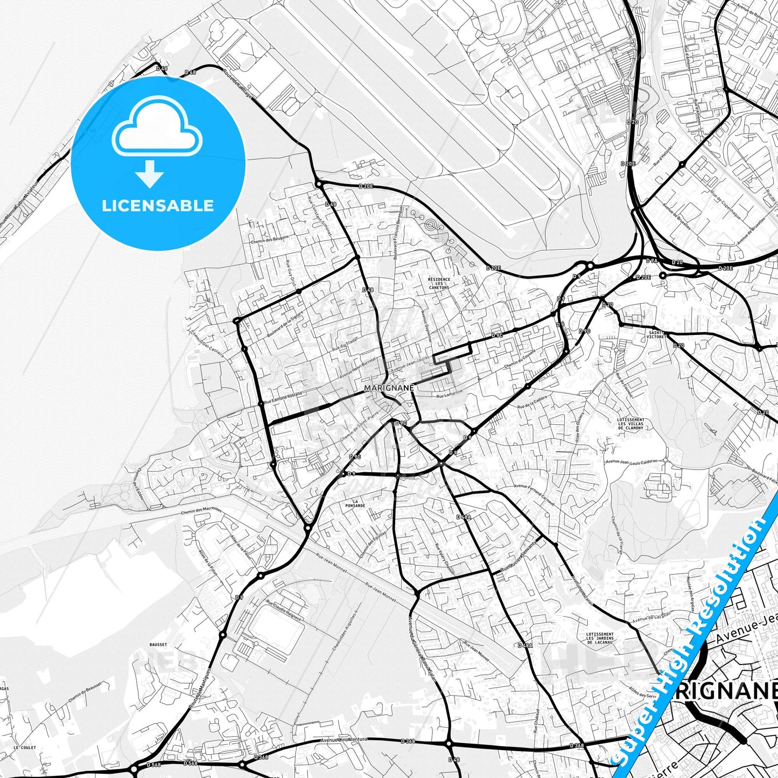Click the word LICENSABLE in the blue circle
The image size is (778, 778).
point(158,206)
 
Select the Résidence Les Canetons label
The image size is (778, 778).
point(439,283)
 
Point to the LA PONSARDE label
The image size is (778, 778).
point(355,503)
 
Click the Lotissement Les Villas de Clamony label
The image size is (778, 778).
point(630,424)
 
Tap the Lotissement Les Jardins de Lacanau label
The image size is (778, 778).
point(599,638)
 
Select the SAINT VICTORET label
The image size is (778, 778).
point(657,335)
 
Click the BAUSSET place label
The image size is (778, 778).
point(158,644)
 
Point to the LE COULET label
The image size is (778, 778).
point(25,748)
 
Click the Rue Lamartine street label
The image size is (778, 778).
point(450,396)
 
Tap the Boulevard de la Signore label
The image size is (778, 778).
point(285,323)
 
